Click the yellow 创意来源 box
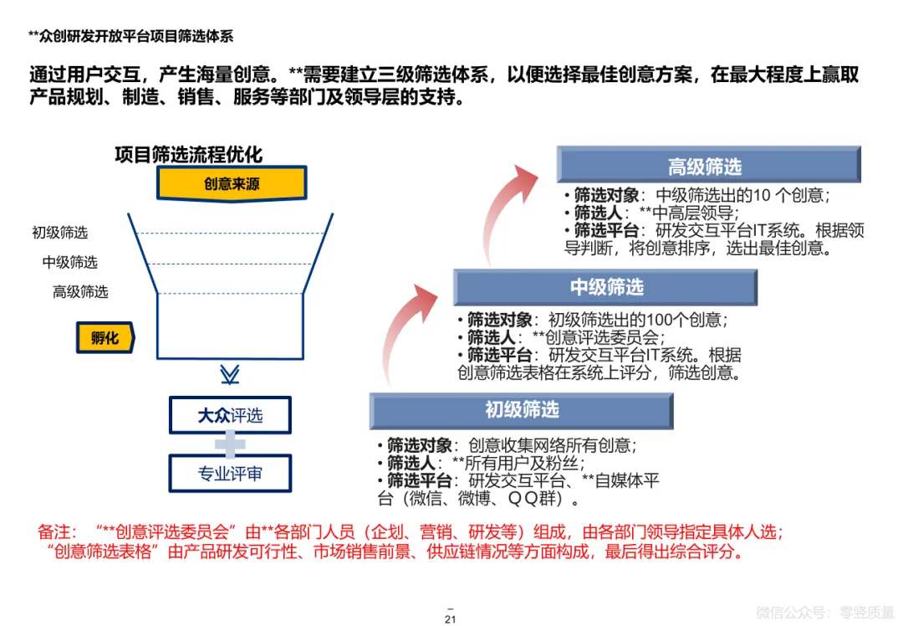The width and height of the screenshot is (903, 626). pos(232,183)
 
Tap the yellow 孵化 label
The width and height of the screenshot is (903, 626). pos(105,339)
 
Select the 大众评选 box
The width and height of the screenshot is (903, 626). pos(230,415)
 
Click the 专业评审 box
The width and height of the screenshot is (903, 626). pos(230,474)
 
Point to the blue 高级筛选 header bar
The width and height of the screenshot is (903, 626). pos(709,166)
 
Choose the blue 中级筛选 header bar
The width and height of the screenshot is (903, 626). pos(605,287)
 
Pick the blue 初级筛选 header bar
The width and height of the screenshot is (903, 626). pos(522,410)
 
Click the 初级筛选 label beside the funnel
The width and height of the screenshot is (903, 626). pos(60,233)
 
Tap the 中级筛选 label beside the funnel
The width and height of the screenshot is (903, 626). pos(70,262)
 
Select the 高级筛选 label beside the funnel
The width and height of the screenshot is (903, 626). pos(80,291)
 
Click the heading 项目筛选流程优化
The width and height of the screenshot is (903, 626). pos(188,155)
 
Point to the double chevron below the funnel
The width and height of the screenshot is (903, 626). pos(229,373)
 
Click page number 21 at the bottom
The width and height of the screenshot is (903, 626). pos(451,619)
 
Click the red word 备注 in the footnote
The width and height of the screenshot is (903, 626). pos(57,531)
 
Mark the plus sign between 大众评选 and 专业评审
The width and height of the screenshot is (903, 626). pos(229,444)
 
